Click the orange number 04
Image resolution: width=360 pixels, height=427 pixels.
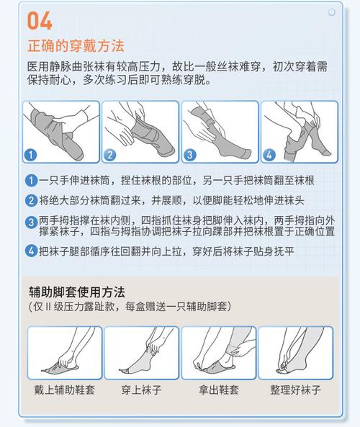40,21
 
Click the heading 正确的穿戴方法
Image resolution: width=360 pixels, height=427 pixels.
76,45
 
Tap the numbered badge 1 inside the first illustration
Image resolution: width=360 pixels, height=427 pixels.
30,155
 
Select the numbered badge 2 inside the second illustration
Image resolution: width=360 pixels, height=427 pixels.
109,155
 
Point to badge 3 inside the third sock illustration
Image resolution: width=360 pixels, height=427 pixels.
190,155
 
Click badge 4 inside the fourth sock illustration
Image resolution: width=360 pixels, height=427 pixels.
269,155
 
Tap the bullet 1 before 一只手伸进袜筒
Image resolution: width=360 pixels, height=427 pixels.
31,181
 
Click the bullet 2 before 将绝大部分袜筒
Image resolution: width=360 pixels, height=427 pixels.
31,201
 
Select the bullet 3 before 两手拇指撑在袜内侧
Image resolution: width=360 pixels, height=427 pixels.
31,223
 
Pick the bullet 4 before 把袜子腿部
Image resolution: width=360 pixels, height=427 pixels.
31,251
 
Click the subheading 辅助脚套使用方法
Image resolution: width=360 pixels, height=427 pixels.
77,292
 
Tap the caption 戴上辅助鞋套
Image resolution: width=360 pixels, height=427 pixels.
64,390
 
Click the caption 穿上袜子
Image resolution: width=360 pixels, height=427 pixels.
141,390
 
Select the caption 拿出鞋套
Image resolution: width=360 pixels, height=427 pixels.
219,390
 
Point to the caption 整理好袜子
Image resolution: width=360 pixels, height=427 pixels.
295,390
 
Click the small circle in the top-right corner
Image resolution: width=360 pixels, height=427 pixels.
332,12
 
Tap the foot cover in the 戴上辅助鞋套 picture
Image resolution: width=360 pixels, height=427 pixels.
60,368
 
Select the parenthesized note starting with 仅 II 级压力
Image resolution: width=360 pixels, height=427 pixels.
130,307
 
